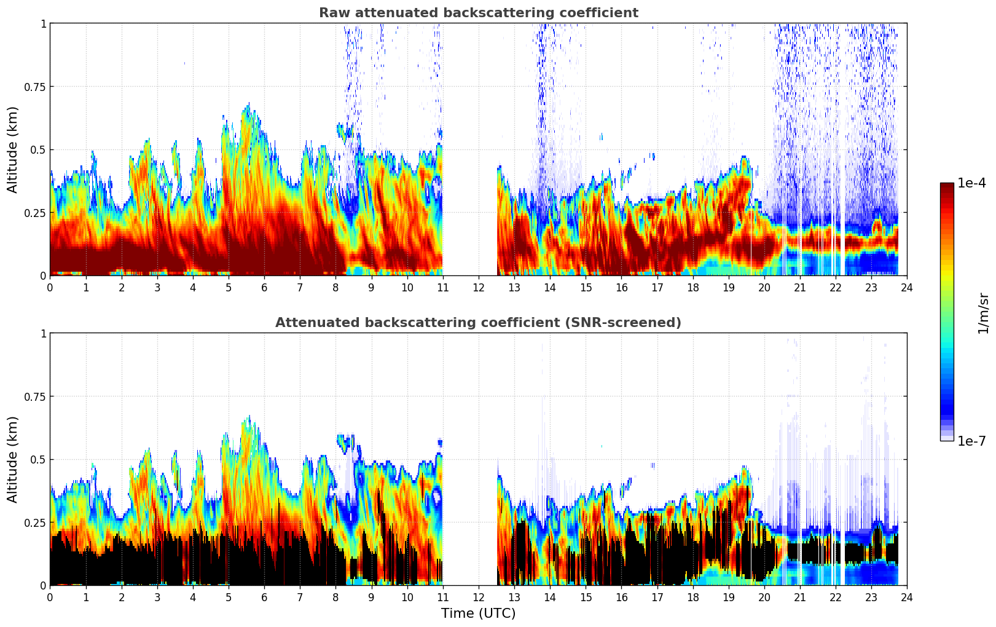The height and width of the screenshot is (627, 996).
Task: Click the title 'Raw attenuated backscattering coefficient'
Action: [x=478, y=13]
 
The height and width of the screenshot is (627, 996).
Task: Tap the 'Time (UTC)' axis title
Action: [x=478, y=613]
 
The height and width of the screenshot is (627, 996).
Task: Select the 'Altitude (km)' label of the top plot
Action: [x=13, y=149]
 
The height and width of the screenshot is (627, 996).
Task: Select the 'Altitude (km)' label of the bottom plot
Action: [x=13, y=459]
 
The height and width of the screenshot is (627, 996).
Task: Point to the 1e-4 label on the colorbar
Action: [x=971, y=183]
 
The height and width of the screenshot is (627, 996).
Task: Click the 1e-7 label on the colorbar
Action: [x=971, y=441]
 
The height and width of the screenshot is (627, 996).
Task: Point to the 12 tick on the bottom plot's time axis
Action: [x=478, y=597]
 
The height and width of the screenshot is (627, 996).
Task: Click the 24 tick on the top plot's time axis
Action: [x=906, y=287]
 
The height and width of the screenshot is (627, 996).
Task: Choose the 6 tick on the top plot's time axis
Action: [x=264, y=287]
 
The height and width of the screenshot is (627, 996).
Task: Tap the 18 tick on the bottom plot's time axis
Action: [x=692, y=597]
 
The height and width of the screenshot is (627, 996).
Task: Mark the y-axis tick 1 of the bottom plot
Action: [x=43, y=334]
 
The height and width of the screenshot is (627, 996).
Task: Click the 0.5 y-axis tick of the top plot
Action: [x=37, y=150]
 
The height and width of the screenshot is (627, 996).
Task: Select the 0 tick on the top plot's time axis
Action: [x=50, y=287]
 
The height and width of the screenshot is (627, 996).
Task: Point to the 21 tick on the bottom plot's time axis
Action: [x=799, y=597]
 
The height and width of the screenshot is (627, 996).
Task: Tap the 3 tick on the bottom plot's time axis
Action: [x=157, y=597]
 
